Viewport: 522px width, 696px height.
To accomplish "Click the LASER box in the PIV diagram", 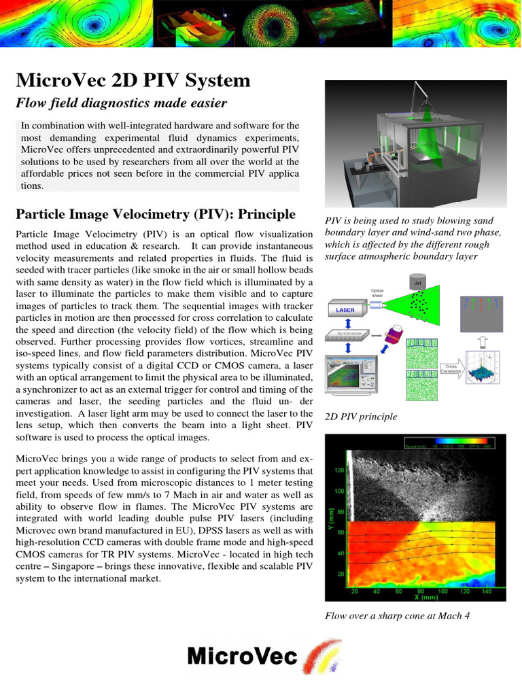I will (345, 310).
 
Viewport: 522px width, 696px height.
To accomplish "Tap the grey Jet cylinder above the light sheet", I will (417, 281).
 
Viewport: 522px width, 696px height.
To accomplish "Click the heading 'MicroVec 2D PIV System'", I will (133, 81).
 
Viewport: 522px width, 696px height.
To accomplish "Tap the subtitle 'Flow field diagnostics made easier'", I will (121, 103).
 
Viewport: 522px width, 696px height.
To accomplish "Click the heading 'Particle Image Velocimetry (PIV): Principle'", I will (156, 215).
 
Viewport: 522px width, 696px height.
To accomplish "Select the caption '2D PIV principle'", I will (361, 416).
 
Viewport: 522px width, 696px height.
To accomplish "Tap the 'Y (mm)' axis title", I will (331, 521).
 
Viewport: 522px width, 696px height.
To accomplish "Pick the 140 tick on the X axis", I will (486, 591).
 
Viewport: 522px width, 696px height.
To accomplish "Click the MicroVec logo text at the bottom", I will (242, 657).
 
